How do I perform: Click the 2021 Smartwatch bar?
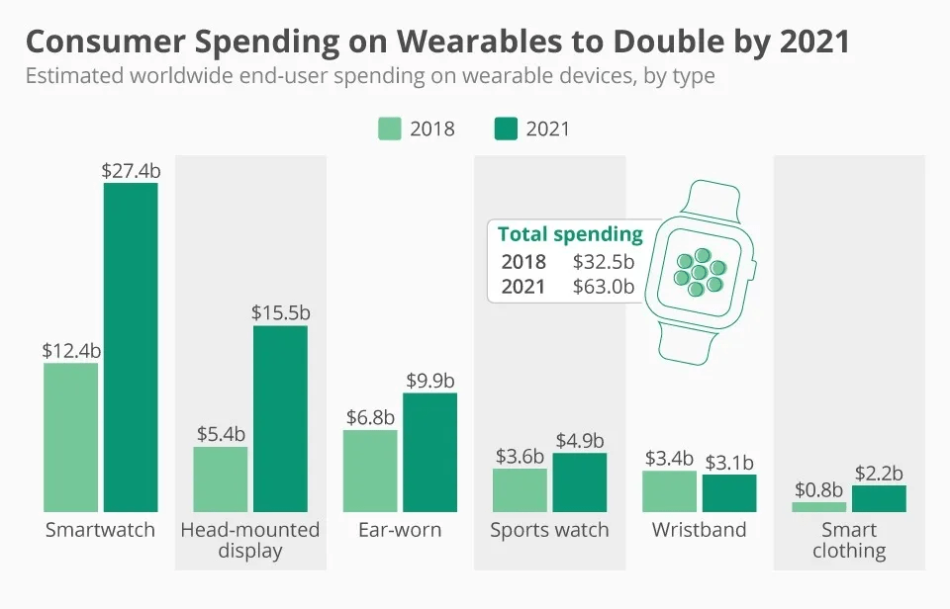pos(131,347)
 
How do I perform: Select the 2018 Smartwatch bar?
pos(71,437)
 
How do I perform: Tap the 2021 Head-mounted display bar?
pos(280,418)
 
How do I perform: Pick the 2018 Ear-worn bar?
pos(370,471)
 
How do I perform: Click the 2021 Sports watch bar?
pos(579,482)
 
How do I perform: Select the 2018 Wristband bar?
pos(669,491)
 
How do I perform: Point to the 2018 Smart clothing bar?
pos(818,507)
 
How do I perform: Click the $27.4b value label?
pos(131,170)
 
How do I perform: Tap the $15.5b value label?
pos(280,312)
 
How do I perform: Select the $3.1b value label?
pos(729,462)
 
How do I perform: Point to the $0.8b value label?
pos(818,489)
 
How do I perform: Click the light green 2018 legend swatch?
pos(390,129)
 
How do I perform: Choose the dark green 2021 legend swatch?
pos(507,129)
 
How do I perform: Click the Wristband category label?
pos(699,530)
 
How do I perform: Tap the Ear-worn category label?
pos(400,530)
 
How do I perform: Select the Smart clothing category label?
pos(849,540)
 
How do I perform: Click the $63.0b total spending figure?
pos(604,287)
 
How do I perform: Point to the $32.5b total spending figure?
pos(604,262)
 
